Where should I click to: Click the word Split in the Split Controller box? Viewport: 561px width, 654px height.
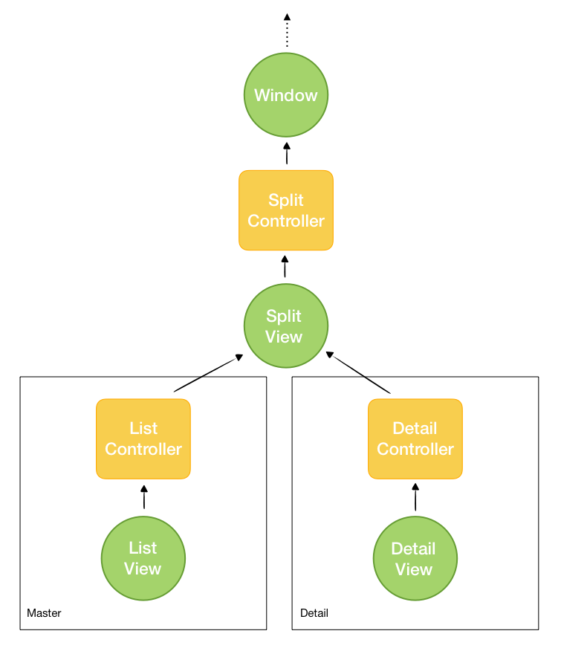(x=286, y=201)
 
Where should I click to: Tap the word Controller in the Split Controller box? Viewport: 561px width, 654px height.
(x=286, y=221)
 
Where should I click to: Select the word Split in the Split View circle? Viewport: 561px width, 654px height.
(x=284, y=316)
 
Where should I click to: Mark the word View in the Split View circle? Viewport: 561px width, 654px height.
(x=284, y=337)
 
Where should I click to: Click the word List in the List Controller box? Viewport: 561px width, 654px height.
(x=143, y=429)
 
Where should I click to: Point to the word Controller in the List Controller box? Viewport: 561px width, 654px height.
(x=143, y=449)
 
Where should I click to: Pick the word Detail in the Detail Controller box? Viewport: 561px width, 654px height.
(x=415, y=429)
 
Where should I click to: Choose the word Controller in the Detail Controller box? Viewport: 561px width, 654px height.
(x=415, y=449)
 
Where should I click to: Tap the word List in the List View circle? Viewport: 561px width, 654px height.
(x=143, y=548)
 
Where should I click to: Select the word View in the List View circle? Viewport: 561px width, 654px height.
(x=143, y=569)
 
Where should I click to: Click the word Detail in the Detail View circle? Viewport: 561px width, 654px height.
(x=414, y=548)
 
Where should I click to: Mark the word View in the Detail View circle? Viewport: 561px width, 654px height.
(x=414, y=569)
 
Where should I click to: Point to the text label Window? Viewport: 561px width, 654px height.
(x=286, y=95)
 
